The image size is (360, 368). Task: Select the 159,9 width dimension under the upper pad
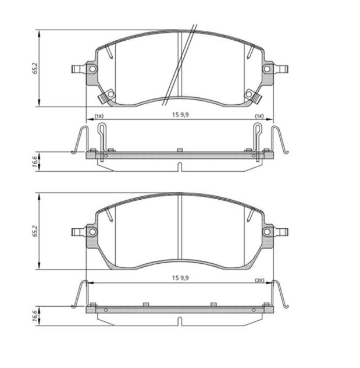point(180,115)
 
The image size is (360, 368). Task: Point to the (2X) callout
point(260,280)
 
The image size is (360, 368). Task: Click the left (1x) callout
point(99,116)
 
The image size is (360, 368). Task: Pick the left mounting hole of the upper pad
point(92,69)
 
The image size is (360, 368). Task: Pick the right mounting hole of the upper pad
point(267,69)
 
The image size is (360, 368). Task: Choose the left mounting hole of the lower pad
point(92,232)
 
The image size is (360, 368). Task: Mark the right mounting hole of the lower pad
point(267,232)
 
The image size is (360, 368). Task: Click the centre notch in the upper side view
point(180,167)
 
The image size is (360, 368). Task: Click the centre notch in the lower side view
point(180,320)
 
